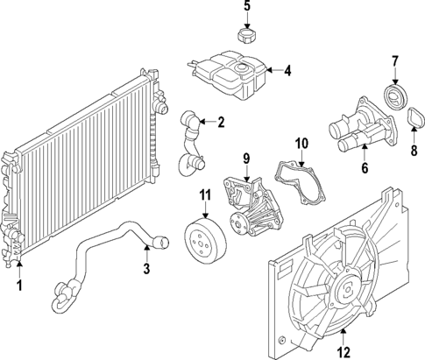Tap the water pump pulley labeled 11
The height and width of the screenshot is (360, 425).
pyautogui.click(x=204, y=240)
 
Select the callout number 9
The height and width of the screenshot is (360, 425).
pyautogui.click(x=246, y=158)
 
